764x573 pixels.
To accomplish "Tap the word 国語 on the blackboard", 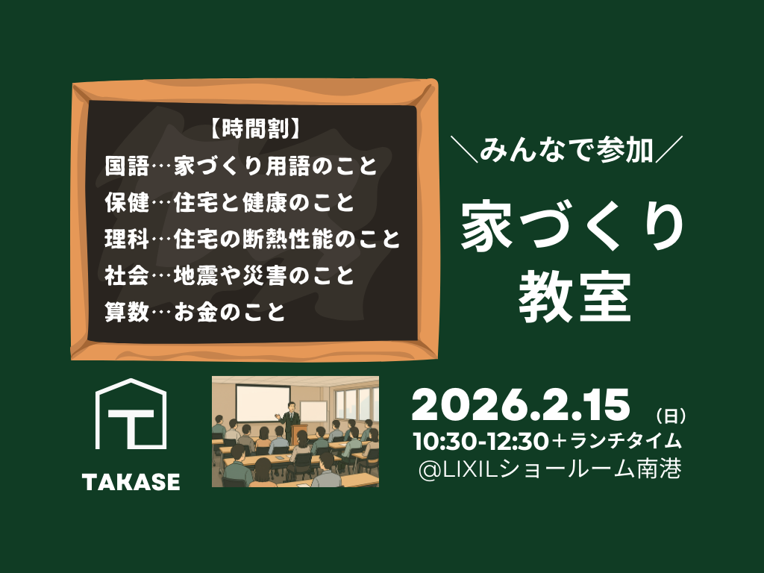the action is tap(127, 166).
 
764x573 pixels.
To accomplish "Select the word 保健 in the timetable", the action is tap(127, 202).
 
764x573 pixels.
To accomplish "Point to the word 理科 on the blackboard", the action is tap(127, 239).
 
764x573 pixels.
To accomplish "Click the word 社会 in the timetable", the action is tap(127, 275).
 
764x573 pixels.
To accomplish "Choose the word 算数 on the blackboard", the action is tap(127, 312).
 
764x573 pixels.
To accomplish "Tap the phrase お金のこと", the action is tap(230, 312).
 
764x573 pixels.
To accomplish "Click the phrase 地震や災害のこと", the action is tap(263, 275).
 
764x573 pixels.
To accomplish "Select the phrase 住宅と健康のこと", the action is tap(263, 202).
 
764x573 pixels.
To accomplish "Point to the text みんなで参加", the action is tap(566, 149).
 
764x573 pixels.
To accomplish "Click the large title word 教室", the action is tap(575, 297).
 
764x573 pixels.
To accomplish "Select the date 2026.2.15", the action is tap(521, 405).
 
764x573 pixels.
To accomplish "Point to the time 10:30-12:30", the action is tap(481, 441).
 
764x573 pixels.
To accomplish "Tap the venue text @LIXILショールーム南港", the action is tap(550, 470).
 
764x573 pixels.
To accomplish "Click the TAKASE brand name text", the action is tap(131, 482).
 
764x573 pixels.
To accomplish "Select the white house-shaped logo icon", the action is tap(131, 413).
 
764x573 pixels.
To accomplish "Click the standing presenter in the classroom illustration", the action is tap(292, 420).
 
